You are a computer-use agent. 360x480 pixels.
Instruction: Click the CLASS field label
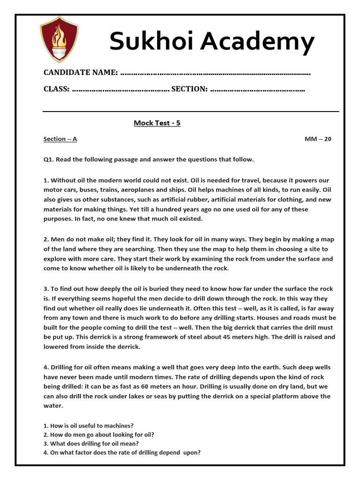(57, 89)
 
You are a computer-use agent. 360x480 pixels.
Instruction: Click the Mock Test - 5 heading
(157, 123)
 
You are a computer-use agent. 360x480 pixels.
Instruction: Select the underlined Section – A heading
(60, 139)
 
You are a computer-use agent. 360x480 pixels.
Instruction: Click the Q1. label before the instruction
(49, 159)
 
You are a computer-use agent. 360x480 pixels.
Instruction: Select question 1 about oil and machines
(89, 426)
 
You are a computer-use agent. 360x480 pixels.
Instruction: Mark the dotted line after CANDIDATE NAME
(215, 73)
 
